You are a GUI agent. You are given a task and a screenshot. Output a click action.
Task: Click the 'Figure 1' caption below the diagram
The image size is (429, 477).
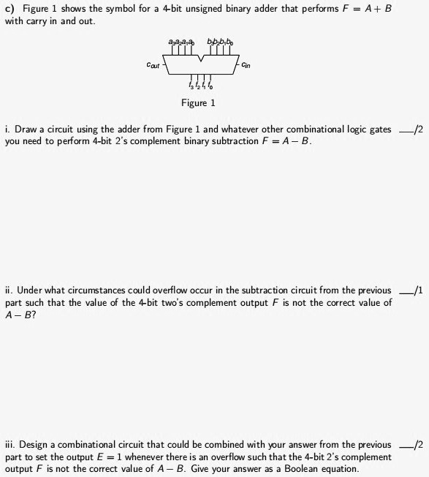198,103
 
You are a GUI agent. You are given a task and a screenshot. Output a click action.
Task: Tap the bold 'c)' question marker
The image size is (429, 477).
10,8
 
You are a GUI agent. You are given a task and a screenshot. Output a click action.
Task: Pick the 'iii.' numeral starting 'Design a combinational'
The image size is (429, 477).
10,445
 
